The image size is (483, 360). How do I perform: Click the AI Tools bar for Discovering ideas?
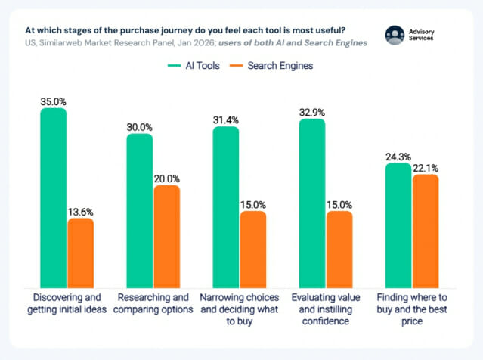click(54, 195)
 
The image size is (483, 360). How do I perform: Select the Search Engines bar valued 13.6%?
click(81, 250)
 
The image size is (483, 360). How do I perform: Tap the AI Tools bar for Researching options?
click(140, 208)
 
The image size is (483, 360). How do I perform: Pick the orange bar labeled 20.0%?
click(167, 234)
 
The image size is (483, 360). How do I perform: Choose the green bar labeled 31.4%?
click(226, 204)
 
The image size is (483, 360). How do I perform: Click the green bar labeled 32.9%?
click(312, 200)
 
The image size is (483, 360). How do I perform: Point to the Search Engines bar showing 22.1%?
click(426, 228)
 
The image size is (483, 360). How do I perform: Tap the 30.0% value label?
click(140, 126)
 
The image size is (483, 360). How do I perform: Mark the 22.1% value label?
click(426, 167)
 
